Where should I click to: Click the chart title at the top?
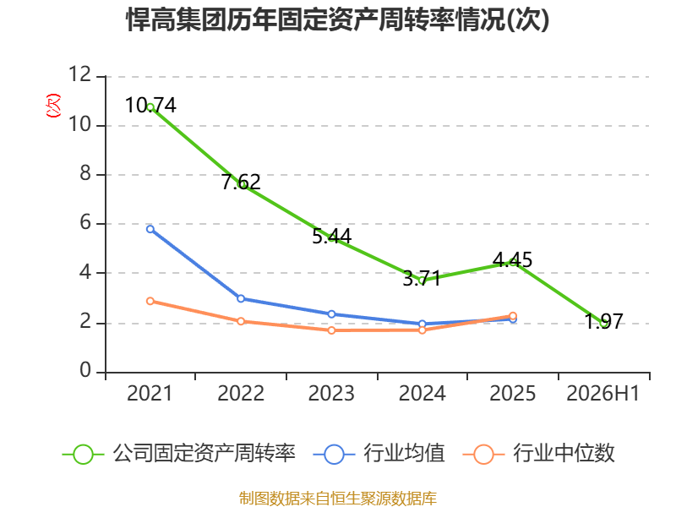click(338, 19)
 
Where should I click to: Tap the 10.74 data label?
click(150, 105)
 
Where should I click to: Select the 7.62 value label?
click(241, 182)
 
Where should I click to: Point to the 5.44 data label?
click(331, 237)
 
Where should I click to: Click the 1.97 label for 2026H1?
click(603, 321)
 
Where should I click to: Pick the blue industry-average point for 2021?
click(150, 229)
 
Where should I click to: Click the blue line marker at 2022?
click(241, 298)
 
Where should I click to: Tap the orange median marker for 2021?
click(150, 301)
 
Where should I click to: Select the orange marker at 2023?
click(331, 330)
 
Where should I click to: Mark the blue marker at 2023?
click(331, 313)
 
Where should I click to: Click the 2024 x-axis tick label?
click(422, 393)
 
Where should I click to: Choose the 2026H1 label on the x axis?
click(602, 393)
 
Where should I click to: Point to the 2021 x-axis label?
click(150, 393)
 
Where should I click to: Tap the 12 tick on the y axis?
click(80, 74)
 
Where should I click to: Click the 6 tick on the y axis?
click(85, 222)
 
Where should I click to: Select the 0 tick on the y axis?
click(85, 370)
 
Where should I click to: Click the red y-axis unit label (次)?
click(53, 106)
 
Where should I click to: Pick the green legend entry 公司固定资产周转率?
click(179, 454)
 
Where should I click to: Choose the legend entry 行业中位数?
click(538, 454)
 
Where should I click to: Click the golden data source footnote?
click(338, 499)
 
